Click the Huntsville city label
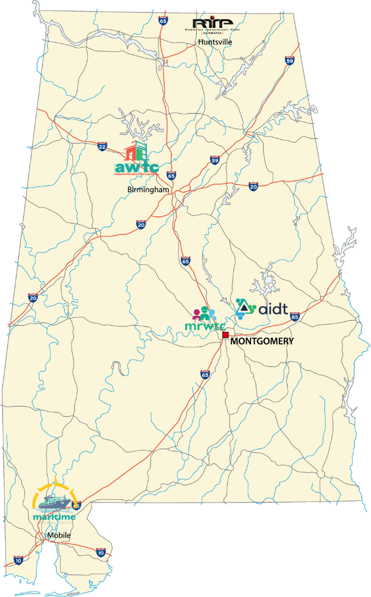click(215, 42)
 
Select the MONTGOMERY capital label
click(262, 341)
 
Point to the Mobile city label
click(59, 536)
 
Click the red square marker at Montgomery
click(226, 335)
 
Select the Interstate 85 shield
click(295, 316)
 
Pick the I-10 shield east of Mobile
click(101, 552)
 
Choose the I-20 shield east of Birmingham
click(253, 186)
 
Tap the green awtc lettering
click(136, 168)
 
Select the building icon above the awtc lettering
click(136, 152)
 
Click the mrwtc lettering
click(206, 326)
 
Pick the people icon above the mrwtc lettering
click(205, 313)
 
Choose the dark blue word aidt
click(273, 309)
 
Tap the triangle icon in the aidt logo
click(245, 308)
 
